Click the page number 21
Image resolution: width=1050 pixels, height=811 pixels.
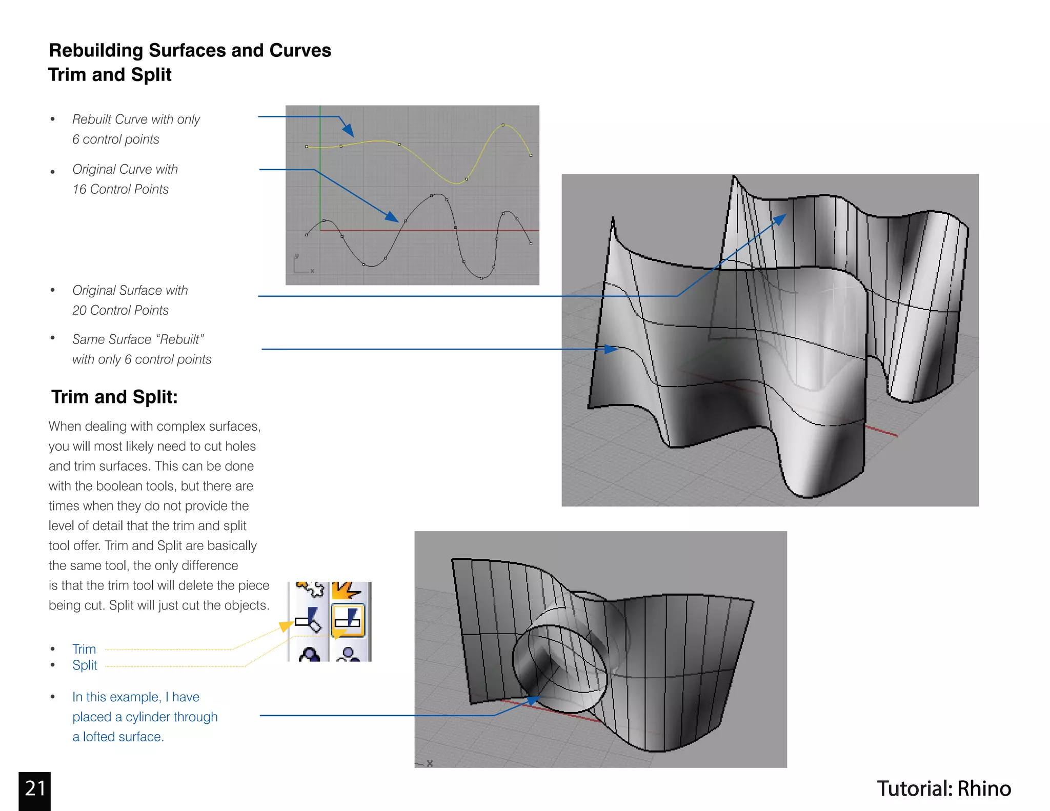point(35,788)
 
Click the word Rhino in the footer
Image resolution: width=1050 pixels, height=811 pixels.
point(984,788)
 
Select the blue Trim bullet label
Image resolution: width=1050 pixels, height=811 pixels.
point(84,649)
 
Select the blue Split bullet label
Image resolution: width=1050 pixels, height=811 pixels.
point(85,665)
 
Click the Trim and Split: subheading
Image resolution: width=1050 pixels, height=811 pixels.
point(114,397)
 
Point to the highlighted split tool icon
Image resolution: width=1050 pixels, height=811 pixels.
point(348,620)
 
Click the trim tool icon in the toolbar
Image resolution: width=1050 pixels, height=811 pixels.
point(308,620)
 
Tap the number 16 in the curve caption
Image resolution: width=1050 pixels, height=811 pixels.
point(79,189)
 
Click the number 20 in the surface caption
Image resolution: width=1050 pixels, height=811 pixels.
point(79,310)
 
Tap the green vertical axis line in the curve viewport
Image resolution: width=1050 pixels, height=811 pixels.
point(320,169)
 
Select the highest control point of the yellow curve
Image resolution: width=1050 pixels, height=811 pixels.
point(503,125)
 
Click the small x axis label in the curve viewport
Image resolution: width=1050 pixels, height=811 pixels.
point(312,271)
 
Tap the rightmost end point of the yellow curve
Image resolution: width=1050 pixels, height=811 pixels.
point(531,155)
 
